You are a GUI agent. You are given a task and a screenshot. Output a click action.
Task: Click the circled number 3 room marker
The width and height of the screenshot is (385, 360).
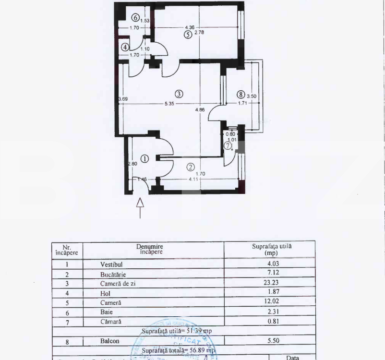[178, 94]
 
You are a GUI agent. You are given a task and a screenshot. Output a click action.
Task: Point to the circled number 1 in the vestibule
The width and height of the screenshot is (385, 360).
[145, 158]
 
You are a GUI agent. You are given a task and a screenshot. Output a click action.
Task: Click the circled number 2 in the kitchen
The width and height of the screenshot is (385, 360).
[191, 168]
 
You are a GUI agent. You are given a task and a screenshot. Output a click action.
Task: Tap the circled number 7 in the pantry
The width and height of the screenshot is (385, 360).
[228, 146]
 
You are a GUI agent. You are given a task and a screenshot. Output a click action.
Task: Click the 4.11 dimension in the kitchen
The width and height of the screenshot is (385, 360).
[193, 180]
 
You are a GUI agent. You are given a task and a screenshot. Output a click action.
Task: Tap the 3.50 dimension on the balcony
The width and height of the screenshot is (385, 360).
[252, 96]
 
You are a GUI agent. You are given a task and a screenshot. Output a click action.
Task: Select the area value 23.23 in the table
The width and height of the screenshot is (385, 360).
[272, 283]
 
